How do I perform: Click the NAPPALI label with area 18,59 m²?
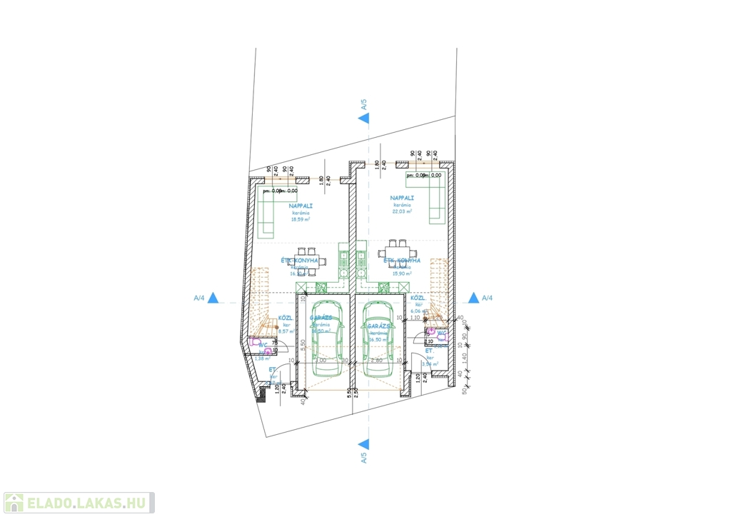click(x=301, y=206)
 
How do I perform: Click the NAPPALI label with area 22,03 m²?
click(x=401, y=197)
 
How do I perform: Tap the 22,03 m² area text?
click(x=401, y=211)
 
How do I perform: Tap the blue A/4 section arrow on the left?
click(x=213, y=298)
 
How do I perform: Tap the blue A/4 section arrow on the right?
click(x=473, y=298)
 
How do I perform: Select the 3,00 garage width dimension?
click(x=321, y=361)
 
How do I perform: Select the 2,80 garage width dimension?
click(x=378, y=361)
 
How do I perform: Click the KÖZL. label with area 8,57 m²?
click(x=286, y=318)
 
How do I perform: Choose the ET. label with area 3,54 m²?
click(x=430, y=351)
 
